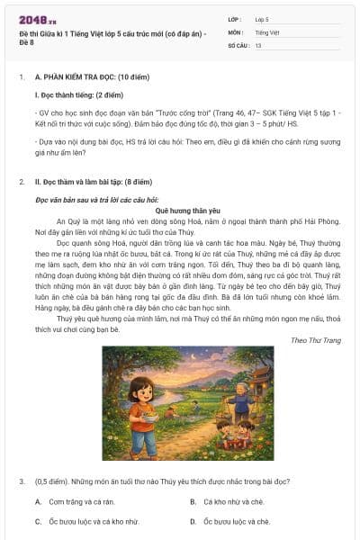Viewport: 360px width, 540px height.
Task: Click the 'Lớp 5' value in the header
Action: (x=262, y=18)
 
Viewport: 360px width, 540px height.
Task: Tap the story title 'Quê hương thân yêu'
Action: (x=180, y=209)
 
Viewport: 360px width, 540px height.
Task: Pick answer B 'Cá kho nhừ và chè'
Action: (x=233, y=501)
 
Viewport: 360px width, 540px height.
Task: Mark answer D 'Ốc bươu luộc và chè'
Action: (x=236, y=521)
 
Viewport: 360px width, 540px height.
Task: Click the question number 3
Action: (x=21, y=481)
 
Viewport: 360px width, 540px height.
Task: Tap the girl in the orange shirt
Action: (x=143, y=414)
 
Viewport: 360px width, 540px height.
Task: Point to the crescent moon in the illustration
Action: (x=216, y=359)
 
